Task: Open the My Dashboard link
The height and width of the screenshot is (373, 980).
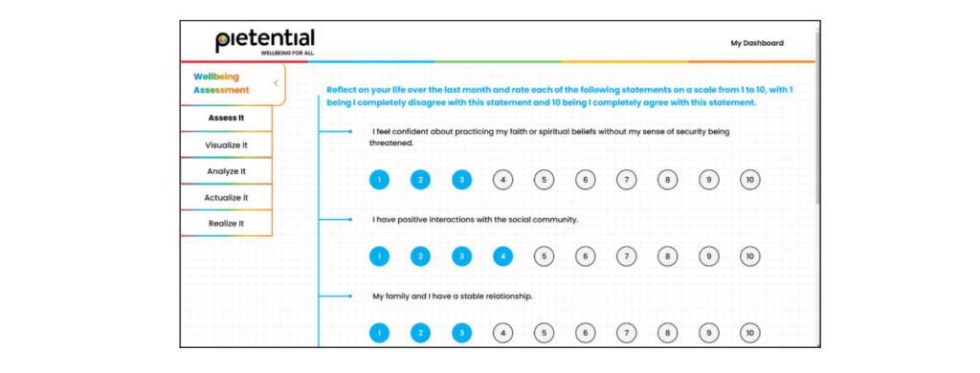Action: click(757, 43)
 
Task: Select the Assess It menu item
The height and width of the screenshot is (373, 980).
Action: click(226, 118)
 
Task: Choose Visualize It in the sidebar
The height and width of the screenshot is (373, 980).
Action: click(226, 145)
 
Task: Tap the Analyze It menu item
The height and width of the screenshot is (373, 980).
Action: click(226, 171)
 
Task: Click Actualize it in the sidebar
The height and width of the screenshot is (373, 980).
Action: click(226, 197)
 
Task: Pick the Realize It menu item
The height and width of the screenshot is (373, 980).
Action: click(226, 223)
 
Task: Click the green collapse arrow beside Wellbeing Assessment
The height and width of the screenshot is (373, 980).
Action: click(276, 83)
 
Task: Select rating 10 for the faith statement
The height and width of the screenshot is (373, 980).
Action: click(750, 180)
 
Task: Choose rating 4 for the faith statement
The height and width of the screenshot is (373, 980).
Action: click(502, 180)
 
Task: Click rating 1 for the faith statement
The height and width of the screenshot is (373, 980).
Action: click(379, 180)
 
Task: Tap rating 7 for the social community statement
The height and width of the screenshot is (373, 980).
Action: click(626, 256)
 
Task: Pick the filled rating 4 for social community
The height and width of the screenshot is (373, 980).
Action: click(502, 256)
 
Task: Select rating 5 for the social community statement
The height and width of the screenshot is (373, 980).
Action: click(544, 256)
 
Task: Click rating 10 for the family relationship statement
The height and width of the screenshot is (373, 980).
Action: click(750, 333)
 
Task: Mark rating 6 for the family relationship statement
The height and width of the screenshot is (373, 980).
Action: click(585, 333)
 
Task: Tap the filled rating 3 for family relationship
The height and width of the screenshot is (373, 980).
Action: click(462, 333)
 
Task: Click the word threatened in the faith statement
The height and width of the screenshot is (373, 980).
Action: click(391, 143)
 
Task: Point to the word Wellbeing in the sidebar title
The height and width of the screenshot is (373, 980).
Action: click(216, 77)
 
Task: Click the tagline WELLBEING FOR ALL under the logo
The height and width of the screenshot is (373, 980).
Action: click(287, 54)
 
